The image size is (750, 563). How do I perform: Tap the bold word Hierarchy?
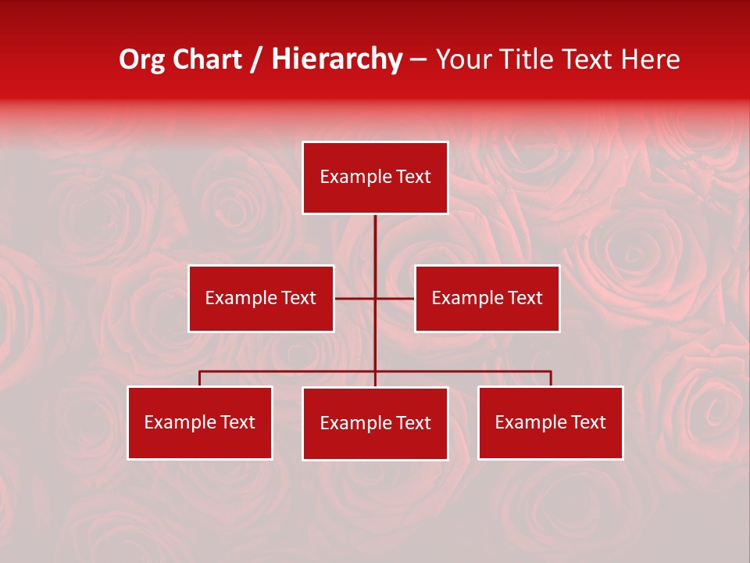pos(337,59)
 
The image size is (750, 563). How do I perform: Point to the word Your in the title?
pos(462,59)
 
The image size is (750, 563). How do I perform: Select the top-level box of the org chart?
pos(375,178)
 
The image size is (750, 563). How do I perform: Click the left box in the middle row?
pos(261,298)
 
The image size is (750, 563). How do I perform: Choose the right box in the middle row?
pos(487,298)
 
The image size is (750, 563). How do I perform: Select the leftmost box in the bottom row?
pos(200,422)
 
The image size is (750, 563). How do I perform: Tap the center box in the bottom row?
pos(375,423)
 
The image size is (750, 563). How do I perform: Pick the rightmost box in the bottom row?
pos(550,422)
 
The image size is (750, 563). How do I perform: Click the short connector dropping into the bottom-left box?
pos(200,378)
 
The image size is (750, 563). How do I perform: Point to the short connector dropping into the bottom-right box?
pos(551,378)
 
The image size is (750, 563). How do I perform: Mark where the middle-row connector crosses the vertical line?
pos(375,298)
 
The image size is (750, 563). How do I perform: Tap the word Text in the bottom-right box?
pos(587,422)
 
